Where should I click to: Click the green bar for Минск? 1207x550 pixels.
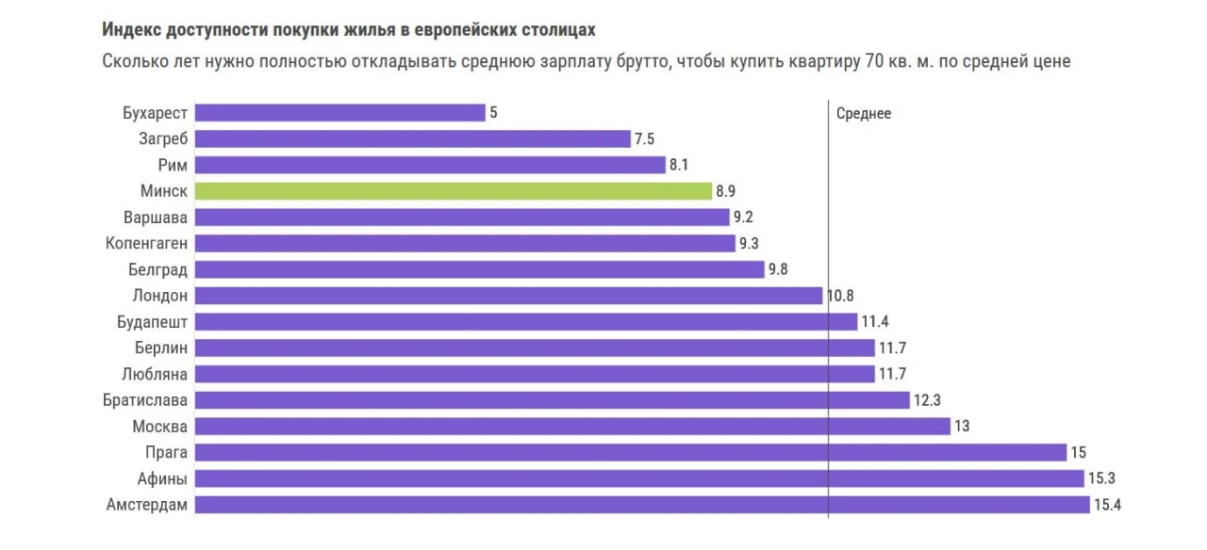click(453, 191)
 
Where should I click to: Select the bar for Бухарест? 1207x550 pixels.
click(339, 113)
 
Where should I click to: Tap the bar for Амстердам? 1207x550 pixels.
click(641, 505)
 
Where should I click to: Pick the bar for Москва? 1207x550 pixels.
click(572, 427)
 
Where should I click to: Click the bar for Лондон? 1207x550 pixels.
click(508, 296)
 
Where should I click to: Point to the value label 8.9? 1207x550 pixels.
click(725, 191)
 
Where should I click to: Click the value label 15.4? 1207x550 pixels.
click(1106, 505)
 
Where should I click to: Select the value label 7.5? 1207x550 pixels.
click(644, 139)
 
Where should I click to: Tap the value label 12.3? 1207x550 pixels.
click(927, 400)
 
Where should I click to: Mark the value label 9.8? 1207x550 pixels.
click(778, 269)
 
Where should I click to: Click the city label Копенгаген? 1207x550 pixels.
click(146, 244)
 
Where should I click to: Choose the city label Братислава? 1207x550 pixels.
click(145, 400)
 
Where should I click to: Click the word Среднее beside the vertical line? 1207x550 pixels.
click(863, 114)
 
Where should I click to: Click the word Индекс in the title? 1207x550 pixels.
click(132, 30)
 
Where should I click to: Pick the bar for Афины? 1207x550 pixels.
click(639, 478)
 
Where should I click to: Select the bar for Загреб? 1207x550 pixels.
click(412, 139)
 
